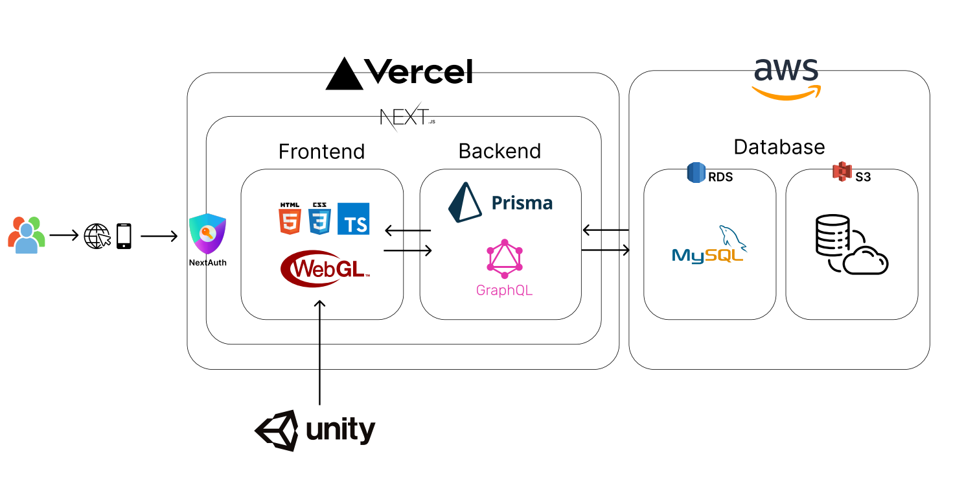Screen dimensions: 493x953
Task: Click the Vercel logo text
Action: pos(418,71)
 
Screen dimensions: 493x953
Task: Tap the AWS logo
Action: pos(786,78)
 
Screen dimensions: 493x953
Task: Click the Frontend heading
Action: pos(321,152)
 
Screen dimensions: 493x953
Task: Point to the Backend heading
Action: pos(499,151)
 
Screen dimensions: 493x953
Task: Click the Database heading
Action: pos(779,147)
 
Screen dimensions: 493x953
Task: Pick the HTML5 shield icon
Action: pos(290,218)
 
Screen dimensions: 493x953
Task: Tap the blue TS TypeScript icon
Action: pos(353,219)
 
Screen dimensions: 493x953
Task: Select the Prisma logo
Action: pos(500,202)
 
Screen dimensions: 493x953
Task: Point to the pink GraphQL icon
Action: pos(505,259)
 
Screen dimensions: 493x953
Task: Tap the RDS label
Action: pos(720,176)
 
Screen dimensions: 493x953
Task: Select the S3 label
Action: pos(862,176)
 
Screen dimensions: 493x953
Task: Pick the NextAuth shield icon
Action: pos(207,234)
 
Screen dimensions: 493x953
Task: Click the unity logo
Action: pos(315,429)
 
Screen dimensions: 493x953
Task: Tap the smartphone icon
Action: pos(124,236)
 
